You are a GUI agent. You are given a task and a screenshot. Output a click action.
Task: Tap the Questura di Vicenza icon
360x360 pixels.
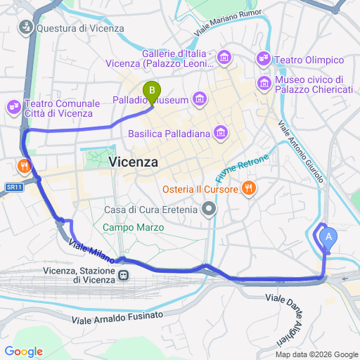point(25,28)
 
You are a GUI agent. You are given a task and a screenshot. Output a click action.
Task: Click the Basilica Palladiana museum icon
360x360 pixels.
point(221,132)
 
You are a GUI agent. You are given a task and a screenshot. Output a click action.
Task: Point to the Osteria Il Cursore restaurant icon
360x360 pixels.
point(247,188)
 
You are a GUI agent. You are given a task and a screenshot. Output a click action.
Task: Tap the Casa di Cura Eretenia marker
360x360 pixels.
point(208,209)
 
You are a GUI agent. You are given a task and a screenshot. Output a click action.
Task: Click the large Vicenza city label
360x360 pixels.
point(134,162)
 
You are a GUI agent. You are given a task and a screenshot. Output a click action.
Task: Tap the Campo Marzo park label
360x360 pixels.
point(133,228)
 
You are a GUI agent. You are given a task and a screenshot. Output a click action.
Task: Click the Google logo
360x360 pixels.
point(23,352)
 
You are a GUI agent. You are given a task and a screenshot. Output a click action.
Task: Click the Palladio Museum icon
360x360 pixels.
point(200,100)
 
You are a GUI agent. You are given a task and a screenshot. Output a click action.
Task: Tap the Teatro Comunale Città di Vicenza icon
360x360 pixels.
point(14,107)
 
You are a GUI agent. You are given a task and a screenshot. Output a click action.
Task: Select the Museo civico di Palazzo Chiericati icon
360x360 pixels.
point(265,84)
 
